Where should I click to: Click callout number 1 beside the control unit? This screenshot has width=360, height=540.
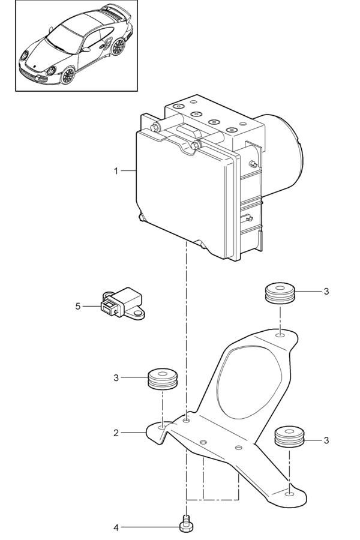coord(116,171)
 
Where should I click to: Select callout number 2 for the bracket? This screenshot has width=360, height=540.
coord(116,432)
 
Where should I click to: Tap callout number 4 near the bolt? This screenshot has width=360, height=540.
coord(116,528)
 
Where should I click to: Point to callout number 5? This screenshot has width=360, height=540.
coord(78,306)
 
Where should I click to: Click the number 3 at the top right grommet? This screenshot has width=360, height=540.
coord(326,292)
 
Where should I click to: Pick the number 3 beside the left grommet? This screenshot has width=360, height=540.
coord(116,378)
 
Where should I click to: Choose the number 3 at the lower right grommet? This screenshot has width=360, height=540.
coord(326,440)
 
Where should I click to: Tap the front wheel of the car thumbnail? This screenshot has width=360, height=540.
coord(68,74)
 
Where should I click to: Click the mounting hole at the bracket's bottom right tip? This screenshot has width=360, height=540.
coord(290,495)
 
